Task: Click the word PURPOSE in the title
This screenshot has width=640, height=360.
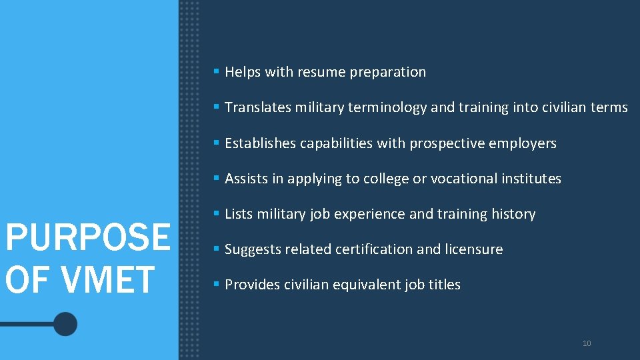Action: coord(87,237)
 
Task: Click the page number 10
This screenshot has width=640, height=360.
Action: coord(587,343)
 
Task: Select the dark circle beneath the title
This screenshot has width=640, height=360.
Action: coord(65,324)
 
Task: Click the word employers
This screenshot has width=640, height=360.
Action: coord(525,143)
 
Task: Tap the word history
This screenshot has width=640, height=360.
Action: coord(513,214)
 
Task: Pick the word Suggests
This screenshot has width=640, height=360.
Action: coord(253,249)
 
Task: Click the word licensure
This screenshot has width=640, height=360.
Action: coord(474,249)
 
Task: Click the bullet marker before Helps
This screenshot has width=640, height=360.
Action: coord(216,71)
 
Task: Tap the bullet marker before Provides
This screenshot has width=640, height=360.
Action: coord(216,284)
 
